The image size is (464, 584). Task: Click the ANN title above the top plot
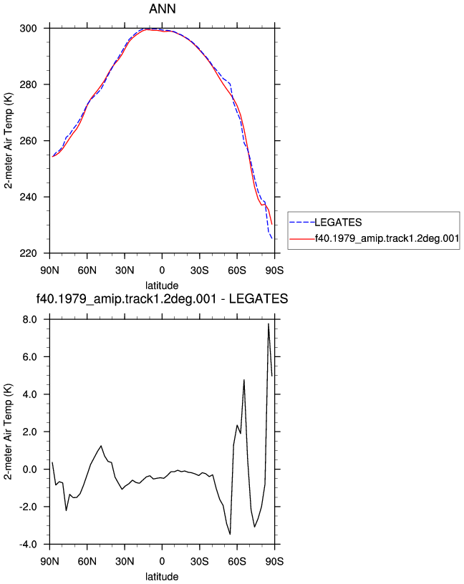[162, 9]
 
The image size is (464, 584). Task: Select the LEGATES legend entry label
[338, 223]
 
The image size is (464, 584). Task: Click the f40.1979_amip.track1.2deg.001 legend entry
[387, 238]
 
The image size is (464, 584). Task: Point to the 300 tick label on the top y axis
[29, 29]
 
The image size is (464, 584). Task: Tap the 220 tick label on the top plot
[29, 253]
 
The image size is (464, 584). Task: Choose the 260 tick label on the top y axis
[29, 141]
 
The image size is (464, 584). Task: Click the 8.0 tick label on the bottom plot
[30, 320]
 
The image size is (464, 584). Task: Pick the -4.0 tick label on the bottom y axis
[28, 545]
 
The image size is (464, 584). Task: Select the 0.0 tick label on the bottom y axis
[30, 469]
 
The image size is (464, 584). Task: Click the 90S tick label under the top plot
[274, 271]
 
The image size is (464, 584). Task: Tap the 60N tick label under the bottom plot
[87, 561]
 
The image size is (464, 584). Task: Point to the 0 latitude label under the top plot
[162, 271]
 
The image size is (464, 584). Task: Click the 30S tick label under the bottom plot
[199, 561]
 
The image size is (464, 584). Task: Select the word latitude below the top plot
[162, 286]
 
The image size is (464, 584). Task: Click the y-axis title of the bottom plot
[8, 432]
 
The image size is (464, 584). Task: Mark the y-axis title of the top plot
[8, 140]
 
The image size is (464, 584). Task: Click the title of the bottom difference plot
[162, 298]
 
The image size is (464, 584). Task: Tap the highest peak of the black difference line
[269, 323]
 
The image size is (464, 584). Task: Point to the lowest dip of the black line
[230, 534]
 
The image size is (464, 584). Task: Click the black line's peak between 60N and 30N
[101, 445]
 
